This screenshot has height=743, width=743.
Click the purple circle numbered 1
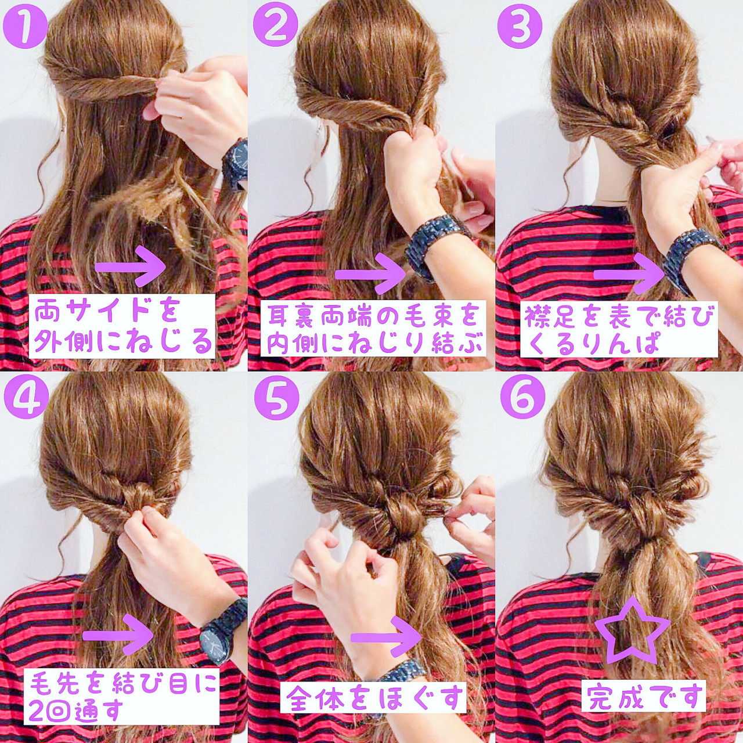click(x=25, y=26)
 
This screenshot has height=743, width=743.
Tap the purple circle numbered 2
click(x=275, y=26)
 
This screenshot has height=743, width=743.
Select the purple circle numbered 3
click(x=520, y=26)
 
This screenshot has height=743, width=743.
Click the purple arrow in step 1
click(x=131, y=266)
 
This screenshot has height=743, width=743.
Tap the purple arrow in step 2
click(x=370, y=274)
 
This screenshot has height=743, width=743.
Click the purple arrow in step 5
click(x=386, y=637)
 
